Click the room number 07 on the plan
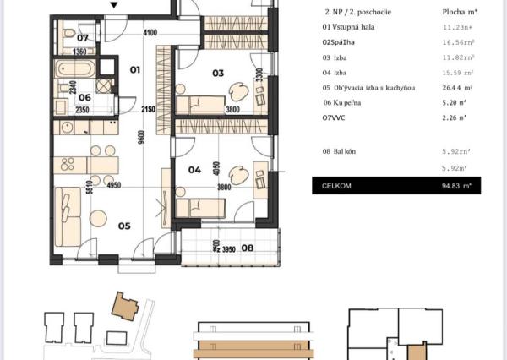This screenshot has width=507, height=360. coord(83,38)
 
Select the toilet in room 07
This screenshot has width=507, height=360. coord(68,34)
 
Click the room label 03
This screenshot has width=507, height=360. coord(218,74)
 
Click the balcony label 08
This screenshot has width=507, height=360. coord(248,248)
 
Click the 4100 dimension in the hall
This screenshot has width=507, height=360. coord(150,33)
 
